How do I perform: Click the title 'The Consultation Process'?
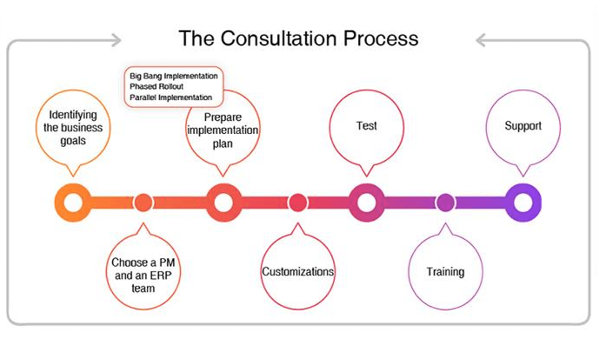tap(298, 39)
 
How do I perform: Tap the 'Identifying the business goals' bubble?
tap(73, 129)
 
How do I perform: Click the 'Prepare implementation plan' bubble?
tap(223, 130)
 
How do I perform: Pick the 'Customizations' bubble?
tap(298, 272)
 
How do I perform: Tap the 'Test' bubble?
tap(367, 126)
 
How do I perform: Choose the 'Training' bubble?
tap(445, 272)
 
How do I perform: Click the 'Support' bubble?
tap(523, 126)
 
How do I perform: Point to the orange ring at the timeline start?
tap(72, 203)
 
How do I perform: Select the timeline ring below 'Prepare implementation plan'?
tap(223, 203)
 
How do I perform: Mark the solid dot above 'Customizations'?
tap(298, 203)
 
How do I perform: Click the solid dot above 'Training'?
tap(445, 203)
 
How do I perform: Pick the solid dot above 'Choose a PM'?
tap(143, 203)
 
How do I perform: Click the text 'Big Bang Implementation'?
tap(174, 77)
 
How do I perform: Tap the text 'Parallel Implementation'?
tap(170, 97)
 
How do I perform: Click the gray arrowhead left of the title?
tap(117, 39)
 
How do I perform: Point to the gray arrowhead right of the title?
tap(481, 39)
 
